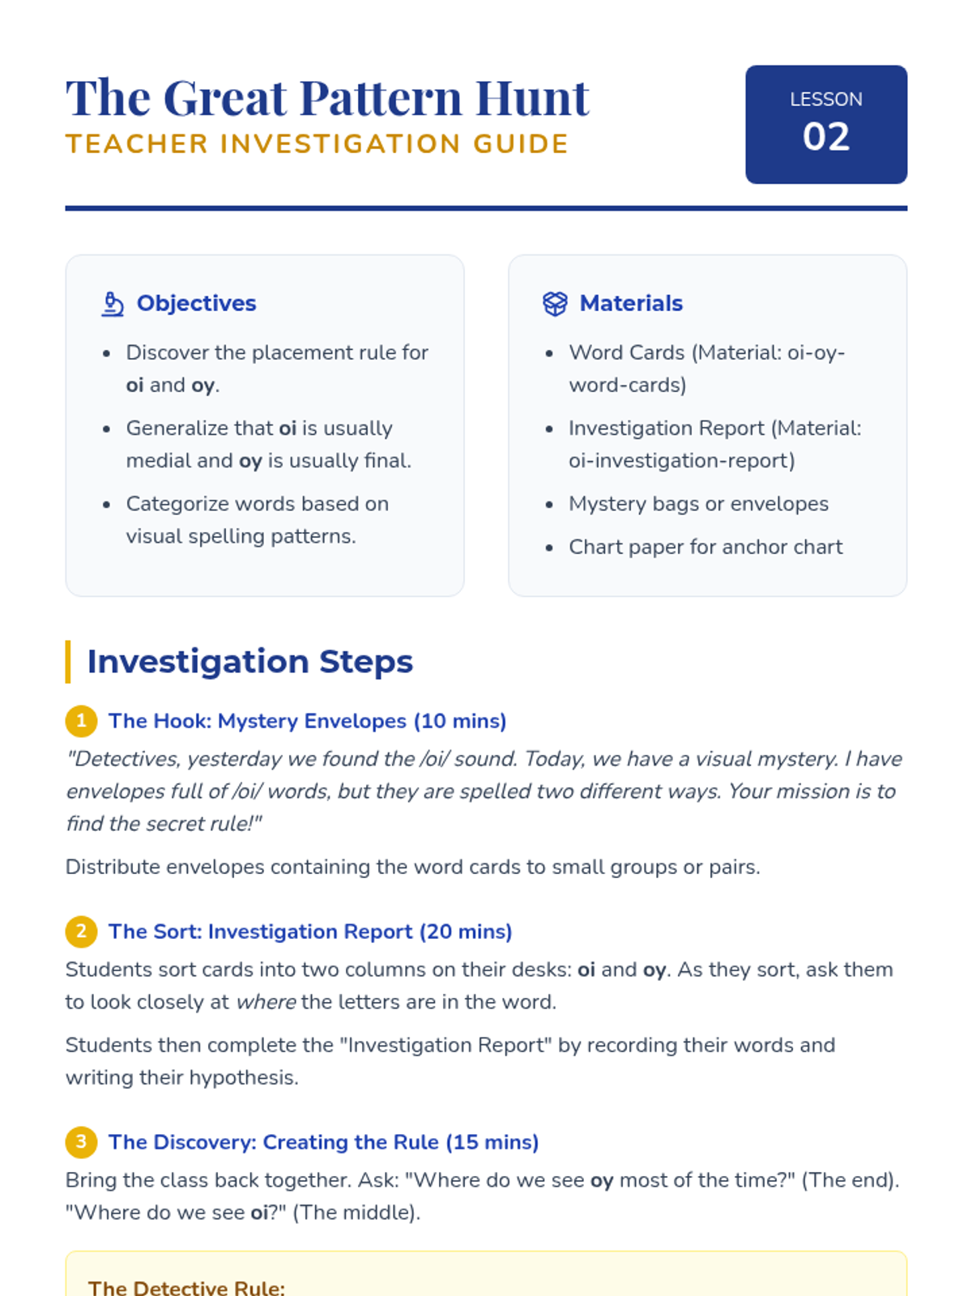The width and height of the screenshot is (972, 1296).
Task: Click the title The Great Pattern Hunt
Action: pyautogui.click(x=327, y=98)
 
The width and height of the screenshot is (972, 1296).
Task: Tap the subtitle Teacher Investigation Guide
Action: pyautogui.click(x=317, y=144)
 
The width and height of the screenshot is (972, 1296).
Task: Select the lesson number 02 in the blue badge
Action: pyautogui.click(x=825, y=137)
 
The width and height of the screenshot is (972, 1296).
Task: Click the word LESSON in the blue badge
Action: pyautogui.click(x=825, y=100)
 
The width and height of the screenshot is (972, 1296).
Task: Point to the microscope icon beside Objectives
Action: pyautogui.click(x=113, y=304)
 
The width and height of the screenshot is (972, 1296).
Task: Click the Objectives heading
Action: pyautogui.click(x=196, y=304)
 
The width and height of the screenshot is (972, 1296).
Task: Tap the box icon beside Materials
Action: pyautogui.click(x=555, y=304)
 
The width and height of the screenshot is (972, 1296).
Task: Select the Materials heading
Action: pyautogui.click(x=631, y=304)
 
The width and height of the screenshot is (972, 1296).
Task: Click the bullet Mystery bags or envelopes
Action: pyautogui.click(x=698, y=504)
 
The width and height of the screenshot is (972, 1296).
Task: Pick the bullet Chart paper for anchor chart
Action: pyautogui.click(x=706, y=548)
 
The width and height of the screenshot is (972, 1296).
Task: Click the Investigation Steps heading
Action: pyautogui.click(x=249, y=662)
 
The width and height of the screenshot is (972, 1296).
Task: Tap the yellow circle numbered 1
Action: pyautogui.click(x=81, y=721)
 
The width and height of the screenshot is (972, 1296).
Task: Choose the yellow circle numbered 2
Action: pyautogui.click(x=81, y=932)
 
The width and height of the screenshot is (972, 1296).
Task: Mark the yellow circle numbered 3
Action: pyautogui.click(x=81, y=1142)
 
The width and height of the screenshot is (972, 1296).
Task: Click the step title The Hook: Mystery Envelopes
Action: pyautogui.click(x=307, y=721)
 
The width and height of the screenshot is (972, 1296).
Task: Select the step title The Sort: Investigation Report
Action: pyautogui.click(x=310, y=932)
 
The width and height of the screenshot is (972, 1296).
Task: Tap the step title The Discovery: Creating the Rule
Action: pyautogui.click(x=323, y=1142)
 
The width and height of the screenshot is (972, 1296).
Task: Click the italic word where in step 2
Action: pyautogui.click(x=266, y=1003)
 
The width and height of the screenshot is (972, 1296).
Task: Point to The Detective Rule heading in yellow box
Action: pyautogui.click(x=186, y=1287)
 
